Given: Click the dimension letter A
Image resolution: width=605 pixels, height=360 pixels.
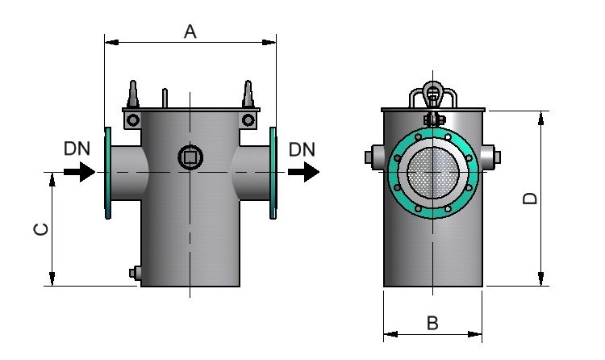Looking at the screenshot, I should pyautogui.click(x=190, y=31).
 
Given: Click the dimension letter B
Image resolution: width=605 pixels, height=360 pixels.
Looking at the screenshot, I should pyautogui.click(x=432, y=323).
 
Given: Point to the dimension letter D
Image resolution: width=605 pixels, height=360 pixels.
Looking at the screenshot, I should pyautogui.click(x=530, y=199).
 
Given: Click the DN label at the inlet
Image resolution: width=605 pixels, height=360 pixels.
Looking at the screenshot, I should pyautogui.click(x=77, y=149).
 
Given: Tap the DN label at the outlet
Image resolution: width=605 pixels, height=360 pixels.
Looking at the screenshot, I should pyautogui.click(x=302, y=149).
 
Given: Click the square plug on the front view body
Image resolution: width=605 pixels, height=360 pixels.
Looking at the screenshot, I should pyautogui.click(x=190, y=156).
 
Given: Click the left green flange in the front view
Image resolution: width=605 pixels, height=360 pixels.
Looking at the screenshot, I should pyautogui.click(x=107, y=172).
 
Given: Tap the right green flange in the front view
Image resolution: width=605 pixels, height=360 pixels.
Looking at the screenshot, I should pyautogui.click(x=273, y=172).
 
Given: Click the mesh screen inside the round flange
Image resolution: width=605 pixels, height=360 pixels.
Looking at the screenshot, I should pyautogui.click(x=433, y=172).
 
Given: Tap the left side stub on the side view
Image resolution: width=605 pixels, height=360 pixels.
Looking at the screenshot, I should pyautogui.click(x=373, y=157).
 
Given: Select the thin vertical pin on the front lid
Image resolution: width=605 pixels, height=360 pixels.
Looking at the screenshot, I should pyautogui.click(x=165, y=97).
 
